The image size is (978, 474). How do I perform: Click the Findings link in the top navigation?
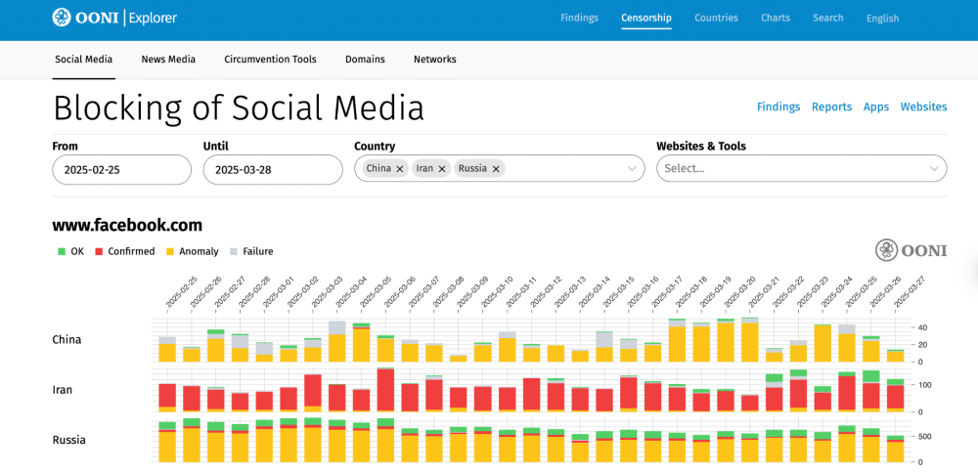point(579,18)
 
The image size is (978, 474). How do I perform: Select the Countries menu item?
point(716,18)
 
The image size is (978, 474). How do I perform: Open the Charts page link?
point(776,18)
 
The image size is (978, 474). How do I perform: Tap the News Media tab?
point(168,60)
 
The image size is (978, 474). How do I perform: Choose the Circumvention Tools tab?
point(270,60)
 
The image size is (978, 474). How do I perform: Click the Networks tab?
point(434,60)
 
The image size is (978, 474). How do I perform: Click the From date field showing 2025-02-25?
point(121,169)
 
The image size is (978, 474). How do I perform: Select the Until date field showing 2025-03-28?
point(272,169)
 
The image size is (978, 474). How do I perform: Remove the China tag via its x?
point(400,169)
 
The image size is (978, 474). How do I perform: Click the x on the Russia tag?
point(496,169)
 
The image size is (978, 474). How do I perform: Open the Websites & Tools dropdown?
point(801,169)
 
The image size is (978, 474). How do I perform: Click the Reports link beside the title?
point(831,107)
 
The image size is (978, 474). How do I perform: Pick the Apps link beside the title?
point(875,107)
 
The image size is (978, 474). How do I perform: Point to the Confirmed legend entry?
point(131,251)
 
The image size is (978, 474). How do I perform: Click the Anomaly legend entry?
point(199,251)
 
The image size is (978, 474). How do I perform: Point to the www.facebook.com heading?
point(127,225)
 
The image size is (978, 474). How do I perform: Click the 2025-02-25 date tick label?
point(182,291)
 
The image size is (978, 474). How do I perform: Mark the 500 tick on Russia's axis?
point(923,436)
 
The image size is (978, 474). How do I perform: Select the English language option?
point(882,19)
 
